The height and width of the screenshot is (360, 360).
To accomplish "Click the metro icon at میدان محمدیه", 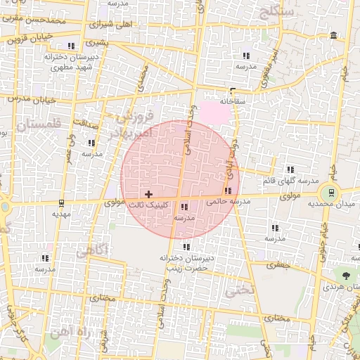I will (x=327, y=192).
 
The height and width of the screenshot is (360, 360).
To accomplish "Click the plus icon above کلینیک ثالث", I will (x=148, y=193).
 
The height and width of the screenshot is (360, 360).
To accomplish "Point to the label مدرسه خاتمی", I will (x=229, y=202).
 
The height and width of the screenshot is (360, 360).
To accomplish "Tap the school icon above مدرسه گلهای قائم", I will (x=290, y=169).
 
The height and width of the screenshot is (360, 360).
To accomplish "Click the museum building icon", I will (x=332, y=36).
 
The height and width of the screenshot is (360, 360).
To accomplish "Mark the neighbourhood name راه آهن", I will (x=83, y=335).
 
